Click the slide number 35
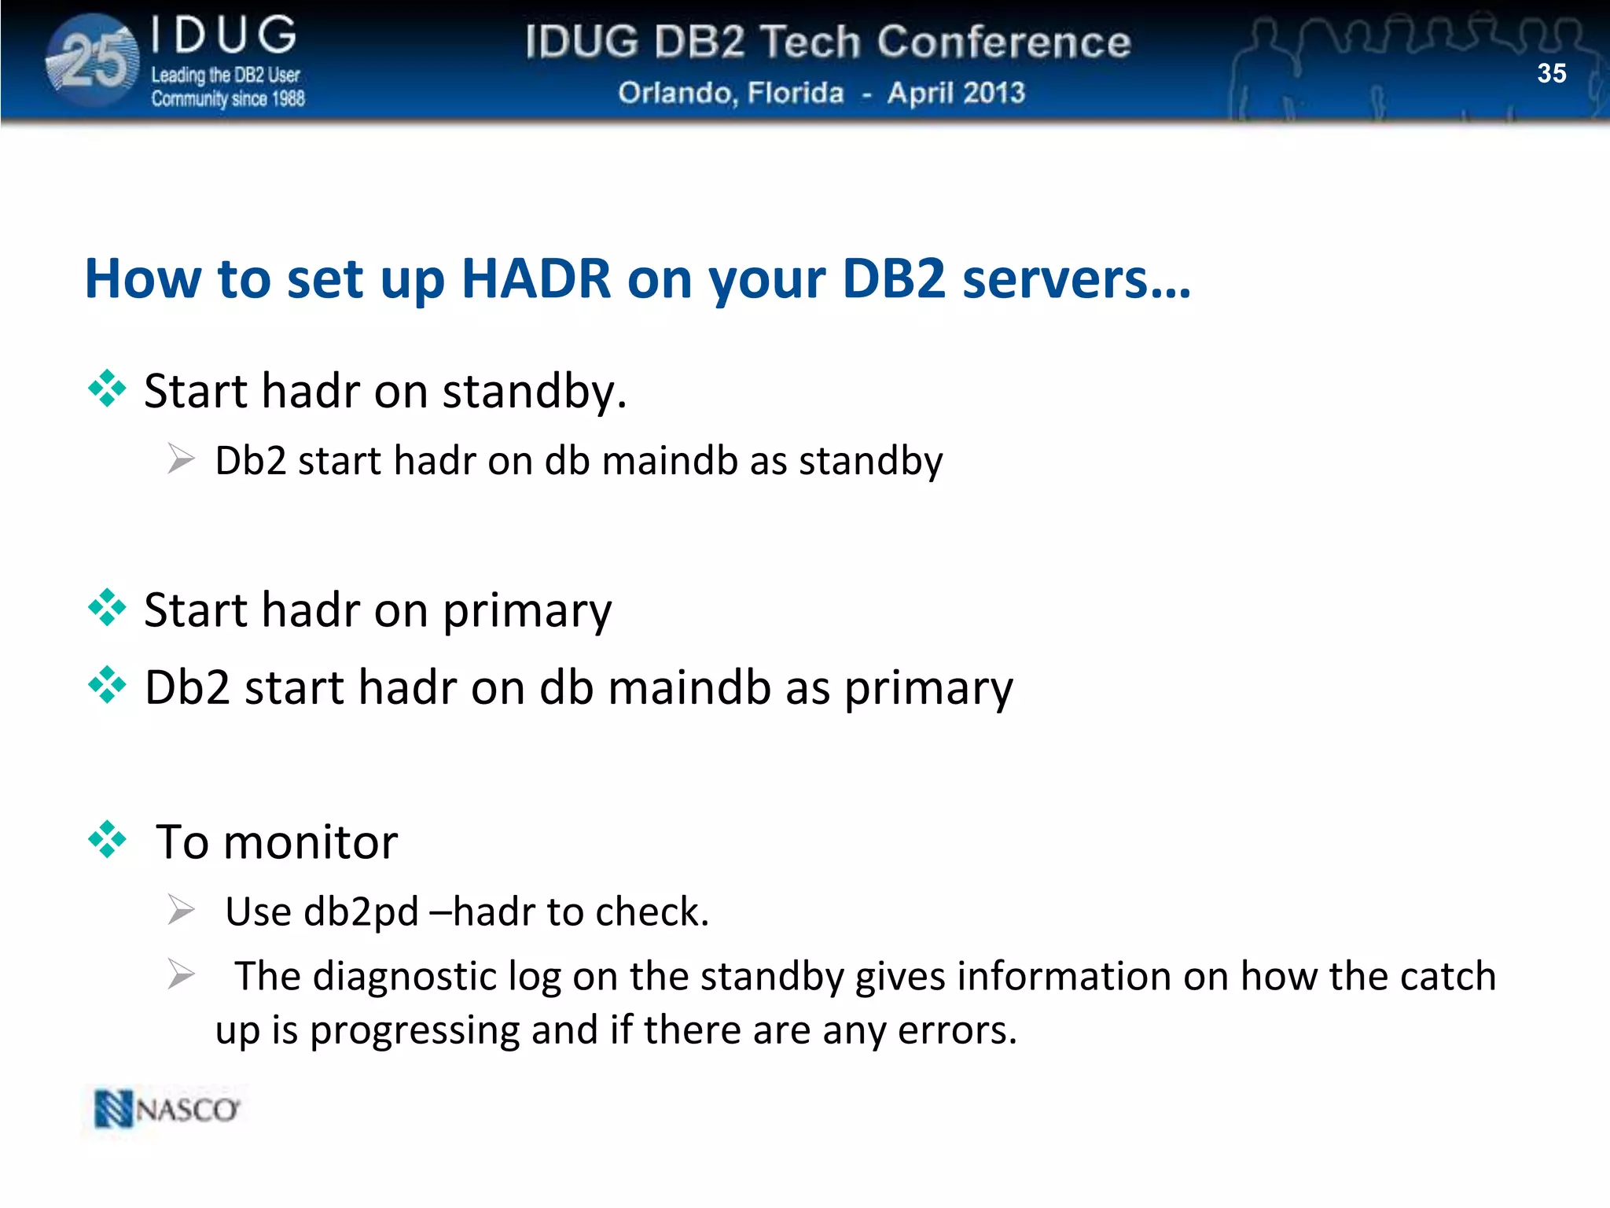coord(1551,73)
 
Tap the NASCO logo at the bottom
coord(167,1109)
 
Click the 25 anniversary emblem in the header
coord(94,61)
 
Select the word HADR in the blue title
coord(536,278)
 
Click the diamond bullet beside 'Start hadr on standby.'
coord(107,389)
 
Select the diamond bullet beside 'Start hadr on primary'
coord(107,607)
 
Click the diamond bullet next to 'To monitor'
coord(107,839)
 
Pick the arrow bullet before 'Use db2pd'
coord(181,910)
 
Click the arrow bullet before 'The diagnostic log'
coord(181,975)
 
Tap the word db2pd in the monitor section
coord(361,912)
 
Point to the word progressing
coord(415,1030)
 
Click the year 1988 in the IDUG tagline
coord(288,99)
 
